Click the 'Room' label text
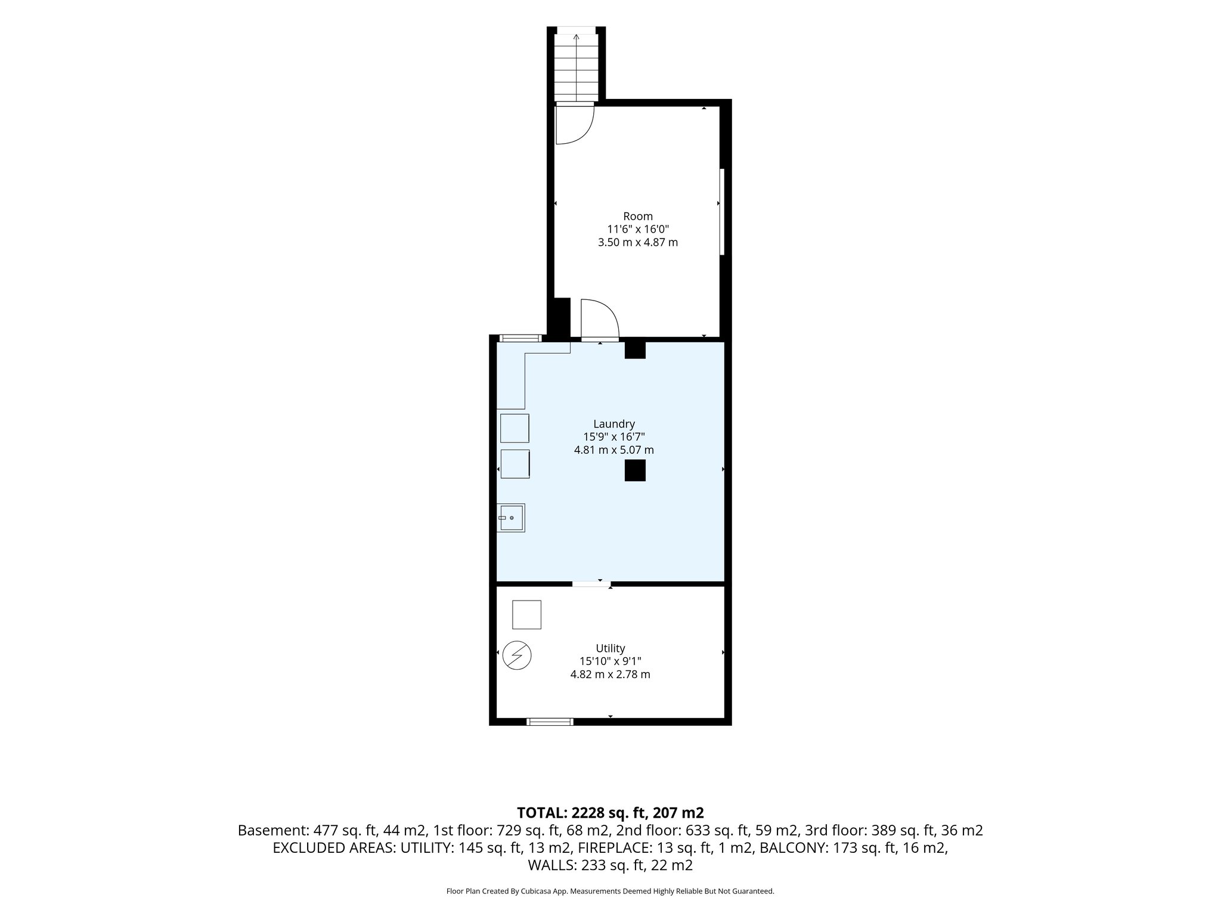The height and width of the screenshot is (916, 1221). click(638, 216)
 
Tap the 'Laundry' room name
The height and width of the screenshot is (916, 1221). click(614, 424)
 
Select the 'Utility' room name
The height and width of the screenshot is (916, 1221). click(610, 648)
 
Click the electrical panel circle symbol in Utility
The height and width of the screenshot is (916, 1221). click(517, 655)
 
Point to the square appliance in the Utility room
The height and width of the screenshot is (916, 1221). click(526, 615)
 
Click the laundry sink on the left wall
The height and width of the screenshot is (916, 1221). click(511, 518)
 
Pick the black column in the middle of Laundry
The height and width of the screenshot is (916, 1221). click(635, 471)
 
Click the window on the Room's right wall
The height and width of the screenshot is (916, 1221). click(721, 212)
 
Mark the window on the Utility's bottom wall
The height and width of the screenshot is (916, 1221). click(550, 722)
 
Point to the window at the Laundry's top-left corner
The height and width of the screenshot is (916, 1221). click(520, 338)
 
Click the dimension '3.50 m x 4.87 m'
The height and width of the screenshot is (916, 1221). click(638, 243)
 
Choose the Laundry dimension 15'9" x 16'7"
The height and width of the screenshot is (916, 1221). click(614, 437)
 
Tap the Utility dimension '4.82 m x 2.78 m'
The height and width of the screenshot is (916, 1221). click(610, 674)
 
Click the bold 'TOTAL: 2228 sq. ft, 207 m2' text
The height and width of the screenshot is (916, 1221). click(610, 812)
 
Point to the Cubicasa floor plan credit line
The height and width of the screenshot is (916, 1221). click(610, 891)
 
